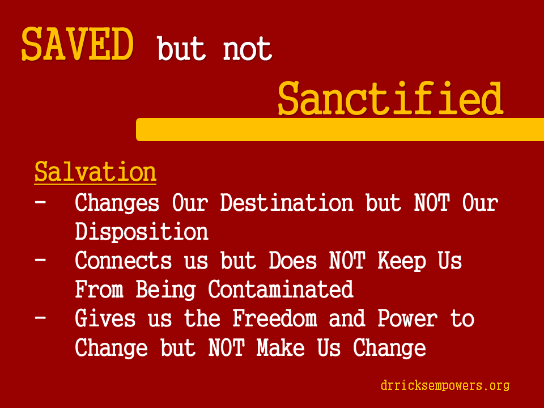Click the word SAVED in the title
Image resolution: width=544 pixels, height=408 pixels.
(x=78, y=44)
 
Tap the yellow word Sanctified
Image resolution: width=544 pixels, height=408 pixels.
(x=390, y=98)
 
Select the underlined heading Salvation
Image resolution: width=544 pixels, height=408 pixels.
(x=95, y=172)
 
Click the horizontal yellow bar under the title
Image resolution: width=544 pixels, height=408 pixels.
(x=340, y=129)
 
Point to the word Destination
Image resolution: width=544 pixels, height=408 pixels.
(x=287, y=203)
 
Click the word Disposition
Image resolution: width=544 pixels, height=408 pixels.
(x=142, y=232)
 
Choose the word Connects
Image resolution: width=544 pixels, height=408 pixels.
(x=123, y=261)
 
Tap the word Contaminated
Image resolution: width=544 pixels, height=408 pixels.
(x=280, y=290)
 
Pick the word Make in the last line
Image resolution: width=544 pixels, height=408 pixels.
(x=280, y=347)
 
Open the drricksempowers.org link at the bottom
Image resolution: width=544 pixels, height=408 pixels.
(x=445, y=385)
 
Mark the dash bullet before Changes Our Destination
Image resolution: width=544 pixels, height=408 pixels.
(x=40, y=202)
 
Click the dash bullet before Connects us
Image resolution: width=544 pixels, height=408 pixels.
(x=40, y=260)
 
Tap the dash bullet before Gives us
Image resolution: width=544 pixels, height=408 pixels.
(x=40, y=317)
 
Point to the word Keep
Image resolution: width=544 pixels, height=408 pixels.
(x=401, y=261)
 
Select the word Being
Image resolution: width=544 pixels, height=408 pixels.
(x=165, y=290)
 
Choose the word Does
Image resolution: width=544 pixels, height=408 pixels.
(x=292, y=261)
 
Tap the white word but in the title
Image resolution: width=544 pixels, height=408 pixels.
(x=181, y=48)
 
